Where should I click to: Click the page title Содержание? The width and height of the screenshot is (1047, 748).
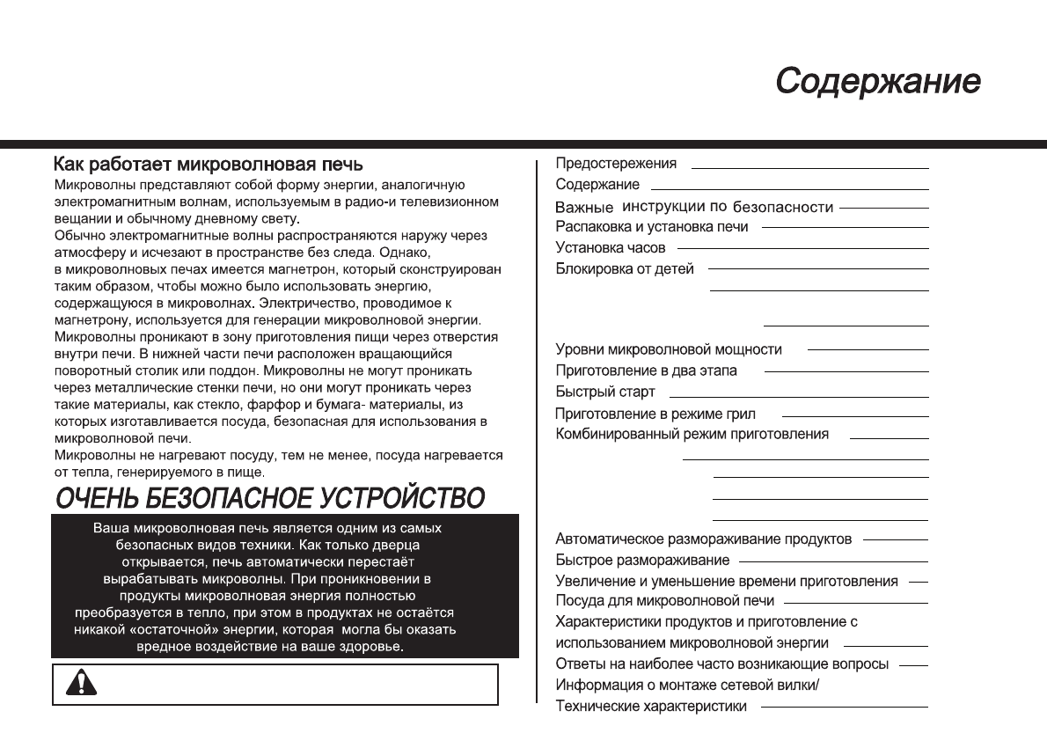click(877, 82)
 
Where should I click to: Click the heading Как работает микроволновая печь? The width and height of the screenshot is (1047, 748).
click(208, 165)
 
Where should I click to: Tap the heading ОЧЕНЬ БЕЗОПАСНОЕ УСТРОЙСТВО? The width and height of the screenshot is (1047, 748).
click(269, 498)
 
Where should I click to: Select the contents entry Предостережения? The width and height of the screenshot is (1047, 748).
click(616, 164)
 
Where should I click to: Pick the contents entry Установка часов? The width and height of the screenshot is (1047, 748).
click(611, 248)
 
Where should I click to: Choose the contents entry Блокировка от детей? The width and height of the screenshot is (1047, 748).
click(625, 269)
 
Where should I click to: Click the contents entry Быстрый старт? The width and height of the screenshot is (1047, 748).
click(605, 392)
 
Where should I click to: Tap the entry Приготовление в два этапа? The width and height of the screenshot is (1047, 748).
click(647, 371)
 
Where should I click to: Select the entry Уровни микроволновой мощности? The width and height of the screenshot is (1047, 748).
click(669, 350)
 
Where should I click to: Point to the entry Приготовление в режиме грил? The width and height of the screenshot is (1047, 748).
click(655, 414)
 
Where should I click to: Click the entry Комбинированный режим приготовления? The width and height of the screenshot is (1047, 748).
click(692, 435)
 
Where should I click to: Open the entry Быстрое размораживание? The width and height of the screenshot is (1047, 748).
click(642, 561)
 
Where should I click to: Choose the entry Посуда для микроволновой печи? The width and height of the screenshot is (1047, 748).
click(665, 601)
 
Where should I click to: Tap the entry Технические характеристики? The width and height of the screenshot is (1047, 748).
click(651, 707)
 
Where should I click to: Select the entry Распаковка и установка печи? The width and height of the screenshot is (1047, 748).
click(652, 227)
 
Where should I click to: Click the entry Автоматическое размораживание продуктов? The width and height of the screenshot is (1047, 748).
click(704, 539)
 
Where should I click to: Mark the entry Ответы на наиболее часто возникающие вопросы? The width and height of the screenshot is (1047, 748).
click(722, 664)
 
